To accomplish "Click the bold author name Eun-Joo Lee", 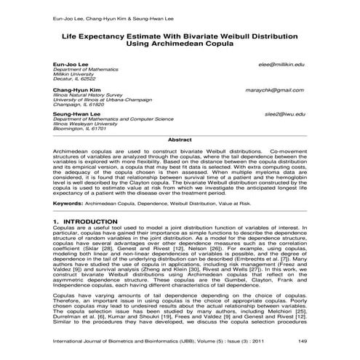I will (69, 65).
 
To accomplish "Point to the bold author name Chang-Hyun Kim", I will (75, 90).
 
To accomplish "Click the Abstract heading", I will (180, 138).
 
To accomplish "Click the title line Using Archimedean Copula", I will (180, 44).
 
